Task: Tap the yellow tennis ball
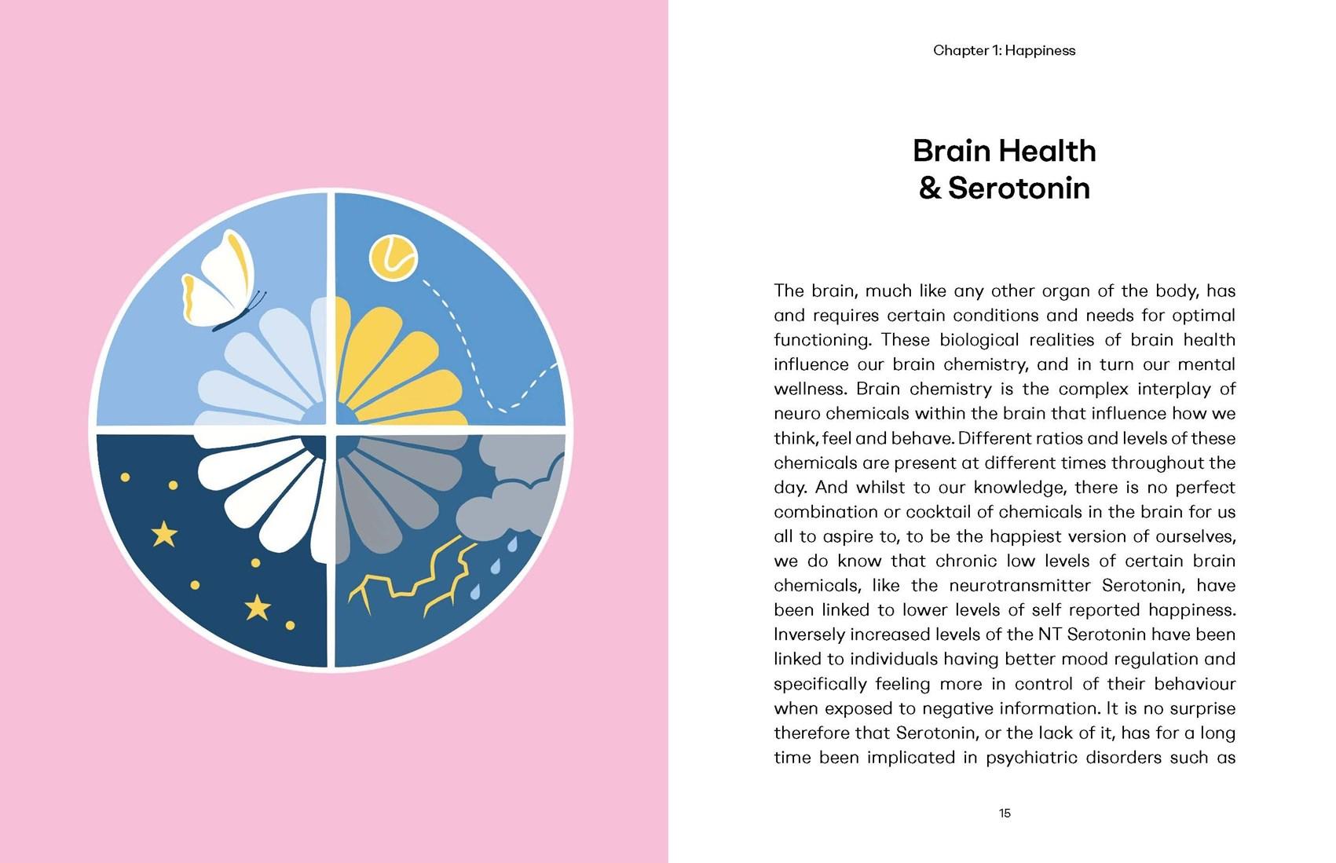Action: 393,256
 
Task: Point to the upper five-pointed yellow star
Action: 164,535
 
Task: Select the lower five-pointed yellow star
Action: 258,606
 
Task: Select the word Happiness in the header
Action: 1040,50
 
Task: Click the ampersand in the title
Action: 930,188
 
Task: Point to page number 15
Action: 1005,813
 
